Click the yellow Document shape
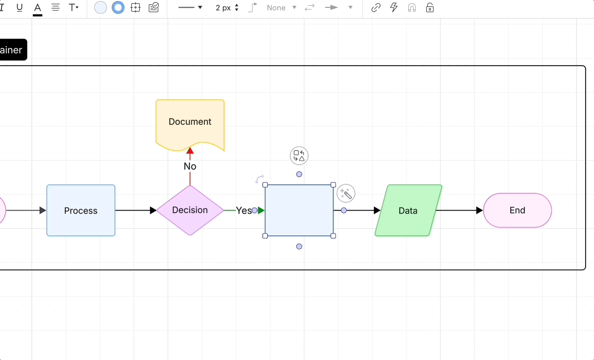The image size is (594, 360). [x=190, y=122]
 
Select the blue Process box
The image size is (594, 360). [x=80, y=210]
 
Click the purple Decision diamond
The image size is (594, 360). [x=190, y=210]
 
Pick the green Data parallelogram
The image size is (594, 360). [x=408, y=210]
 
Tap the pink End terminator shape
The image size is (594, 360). [x=517, y=210]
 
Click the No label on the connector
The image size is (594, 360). [x=190, y=166]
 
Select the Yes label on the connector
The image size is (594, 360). [x=244, y=210]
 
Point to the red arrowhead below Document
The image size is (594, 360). [x=190, y=151]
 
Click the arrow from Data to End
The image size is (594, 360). [x=458, y=210]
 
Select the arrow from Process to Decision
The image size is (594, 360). [x=135, y=210]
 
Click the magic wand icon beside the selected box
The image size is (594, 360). [x=346, y=194]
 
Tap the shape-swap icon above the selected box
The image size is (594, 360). [x=299, y=156]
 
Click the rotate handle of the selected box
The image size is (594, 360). [x=259, y=179]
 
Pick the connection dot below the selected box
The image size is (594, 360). [x=299, y=247]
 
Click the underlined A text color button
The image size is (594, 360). [x=38, y=8]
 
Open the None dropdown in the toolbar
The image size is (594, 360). [x=281, y=8]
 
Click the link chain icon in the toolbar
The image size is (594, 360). [x=376, y=8]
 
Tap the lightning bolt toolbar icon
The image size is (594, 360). [x=394, y=8]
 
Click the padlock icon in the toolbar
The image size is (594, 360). [x=430, y=8]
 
